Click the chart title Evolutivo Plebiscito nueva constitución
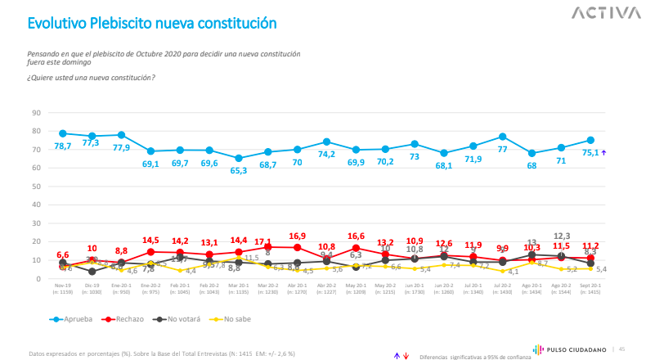tap(150, 24)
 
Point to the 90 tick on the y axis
tap(36, 112)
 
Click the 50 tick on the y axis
tap(36, 187)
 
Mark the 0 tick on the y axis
tap(38, 279)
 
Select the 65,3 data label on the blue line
tap(239, 170)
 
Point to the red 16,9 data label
tap(297, 236)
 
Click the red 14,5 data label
tap(150, 240)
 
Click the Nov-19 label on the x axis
tap(62, 286)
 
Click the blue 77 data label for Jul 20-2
tap(501, 150)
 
